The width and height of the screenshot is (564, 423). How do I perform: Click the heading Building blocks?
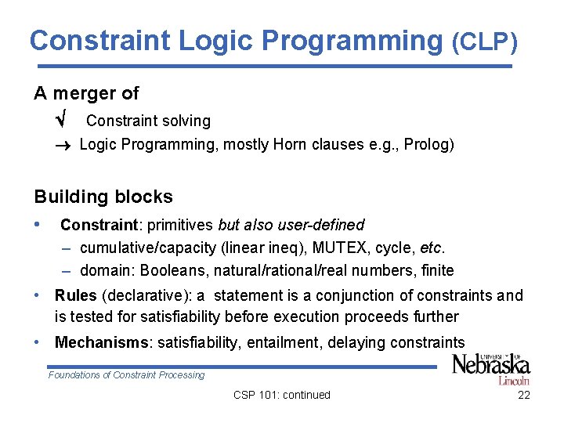103,197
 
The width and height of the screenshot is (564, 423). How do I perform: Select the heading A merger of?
86,93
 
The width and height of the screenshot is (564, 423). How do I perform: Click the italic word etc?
432,248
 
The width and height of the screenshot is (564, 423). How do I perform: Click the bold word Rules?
76,295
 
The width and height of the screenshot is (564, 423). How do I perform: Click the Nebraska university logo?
491,368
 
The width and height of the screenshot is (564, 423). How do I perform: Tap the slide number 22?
524,395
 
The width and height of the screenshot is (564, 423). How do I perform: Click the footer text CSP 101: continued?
282,395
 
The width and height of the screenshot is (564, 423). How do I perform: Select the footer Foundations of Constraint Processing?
126,375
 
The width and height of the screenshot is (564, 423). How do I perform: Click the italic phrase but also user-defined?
291,225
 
